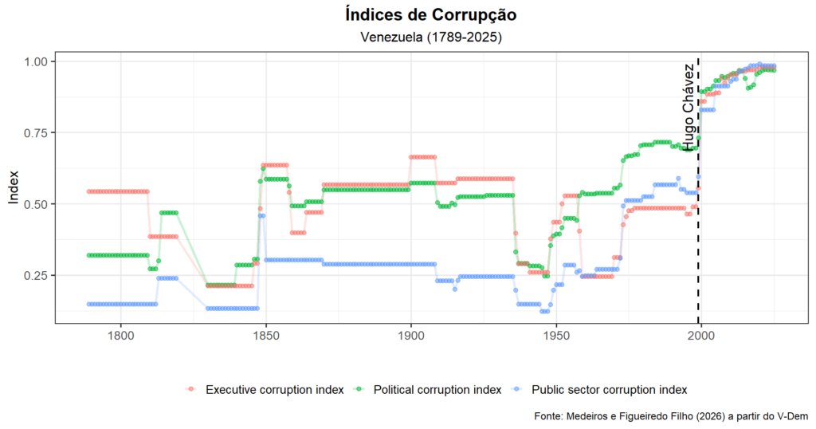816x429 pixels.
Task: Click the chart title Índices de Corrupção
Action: [x=430, y=14]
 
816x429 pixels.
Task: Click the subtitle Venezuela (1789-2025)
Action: [x=430, y=37]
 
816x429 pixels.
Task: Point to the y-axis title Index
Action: [x=14, y=188]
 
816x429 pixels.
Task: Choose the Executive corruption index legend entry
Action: [x=274, y=389]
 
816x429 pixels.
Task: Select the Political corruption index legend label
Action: [x=437, y=389]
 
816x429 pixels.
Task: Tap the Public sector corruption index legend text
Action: [x=608, y=389]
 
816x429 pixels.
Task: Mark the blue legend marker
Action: [x=519, y=389]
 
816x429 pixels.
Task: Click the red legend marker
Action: [x=190, y=389]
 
